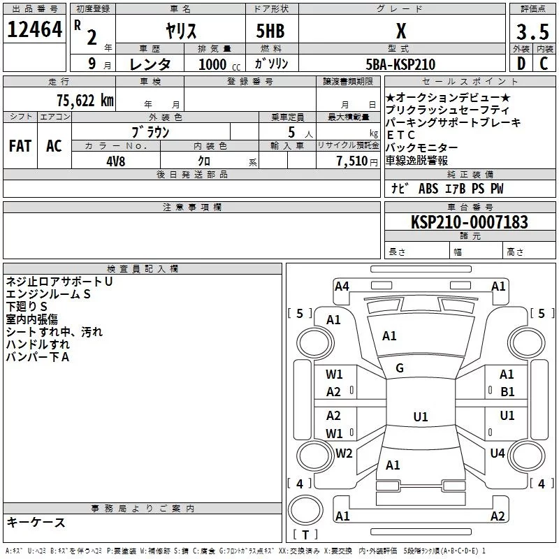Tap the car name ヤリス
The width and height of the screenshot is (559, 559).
tap(180, 31)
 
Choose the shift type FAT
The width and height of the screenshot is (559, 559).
tap(20, 146)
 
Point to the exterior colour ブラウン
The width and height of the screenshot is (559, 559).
tap(150, 131)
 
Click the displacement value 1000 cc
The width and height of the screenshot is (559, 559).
tap(217, 65)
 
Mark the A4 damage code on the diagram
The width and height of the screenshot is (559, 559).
tap(342, 286)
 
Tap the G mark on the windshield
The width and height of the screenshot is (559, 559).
tap(400, 368)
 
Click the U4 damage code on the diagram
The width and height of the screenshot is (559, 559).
tap(497, 453)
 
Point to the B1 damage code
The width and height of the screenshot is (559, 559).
tap(507, 392)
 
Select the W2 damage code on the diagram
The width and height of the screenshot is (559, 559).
tap(344, 453)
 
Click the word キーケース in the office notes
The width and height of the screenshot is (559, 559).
tap(36, 523)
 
